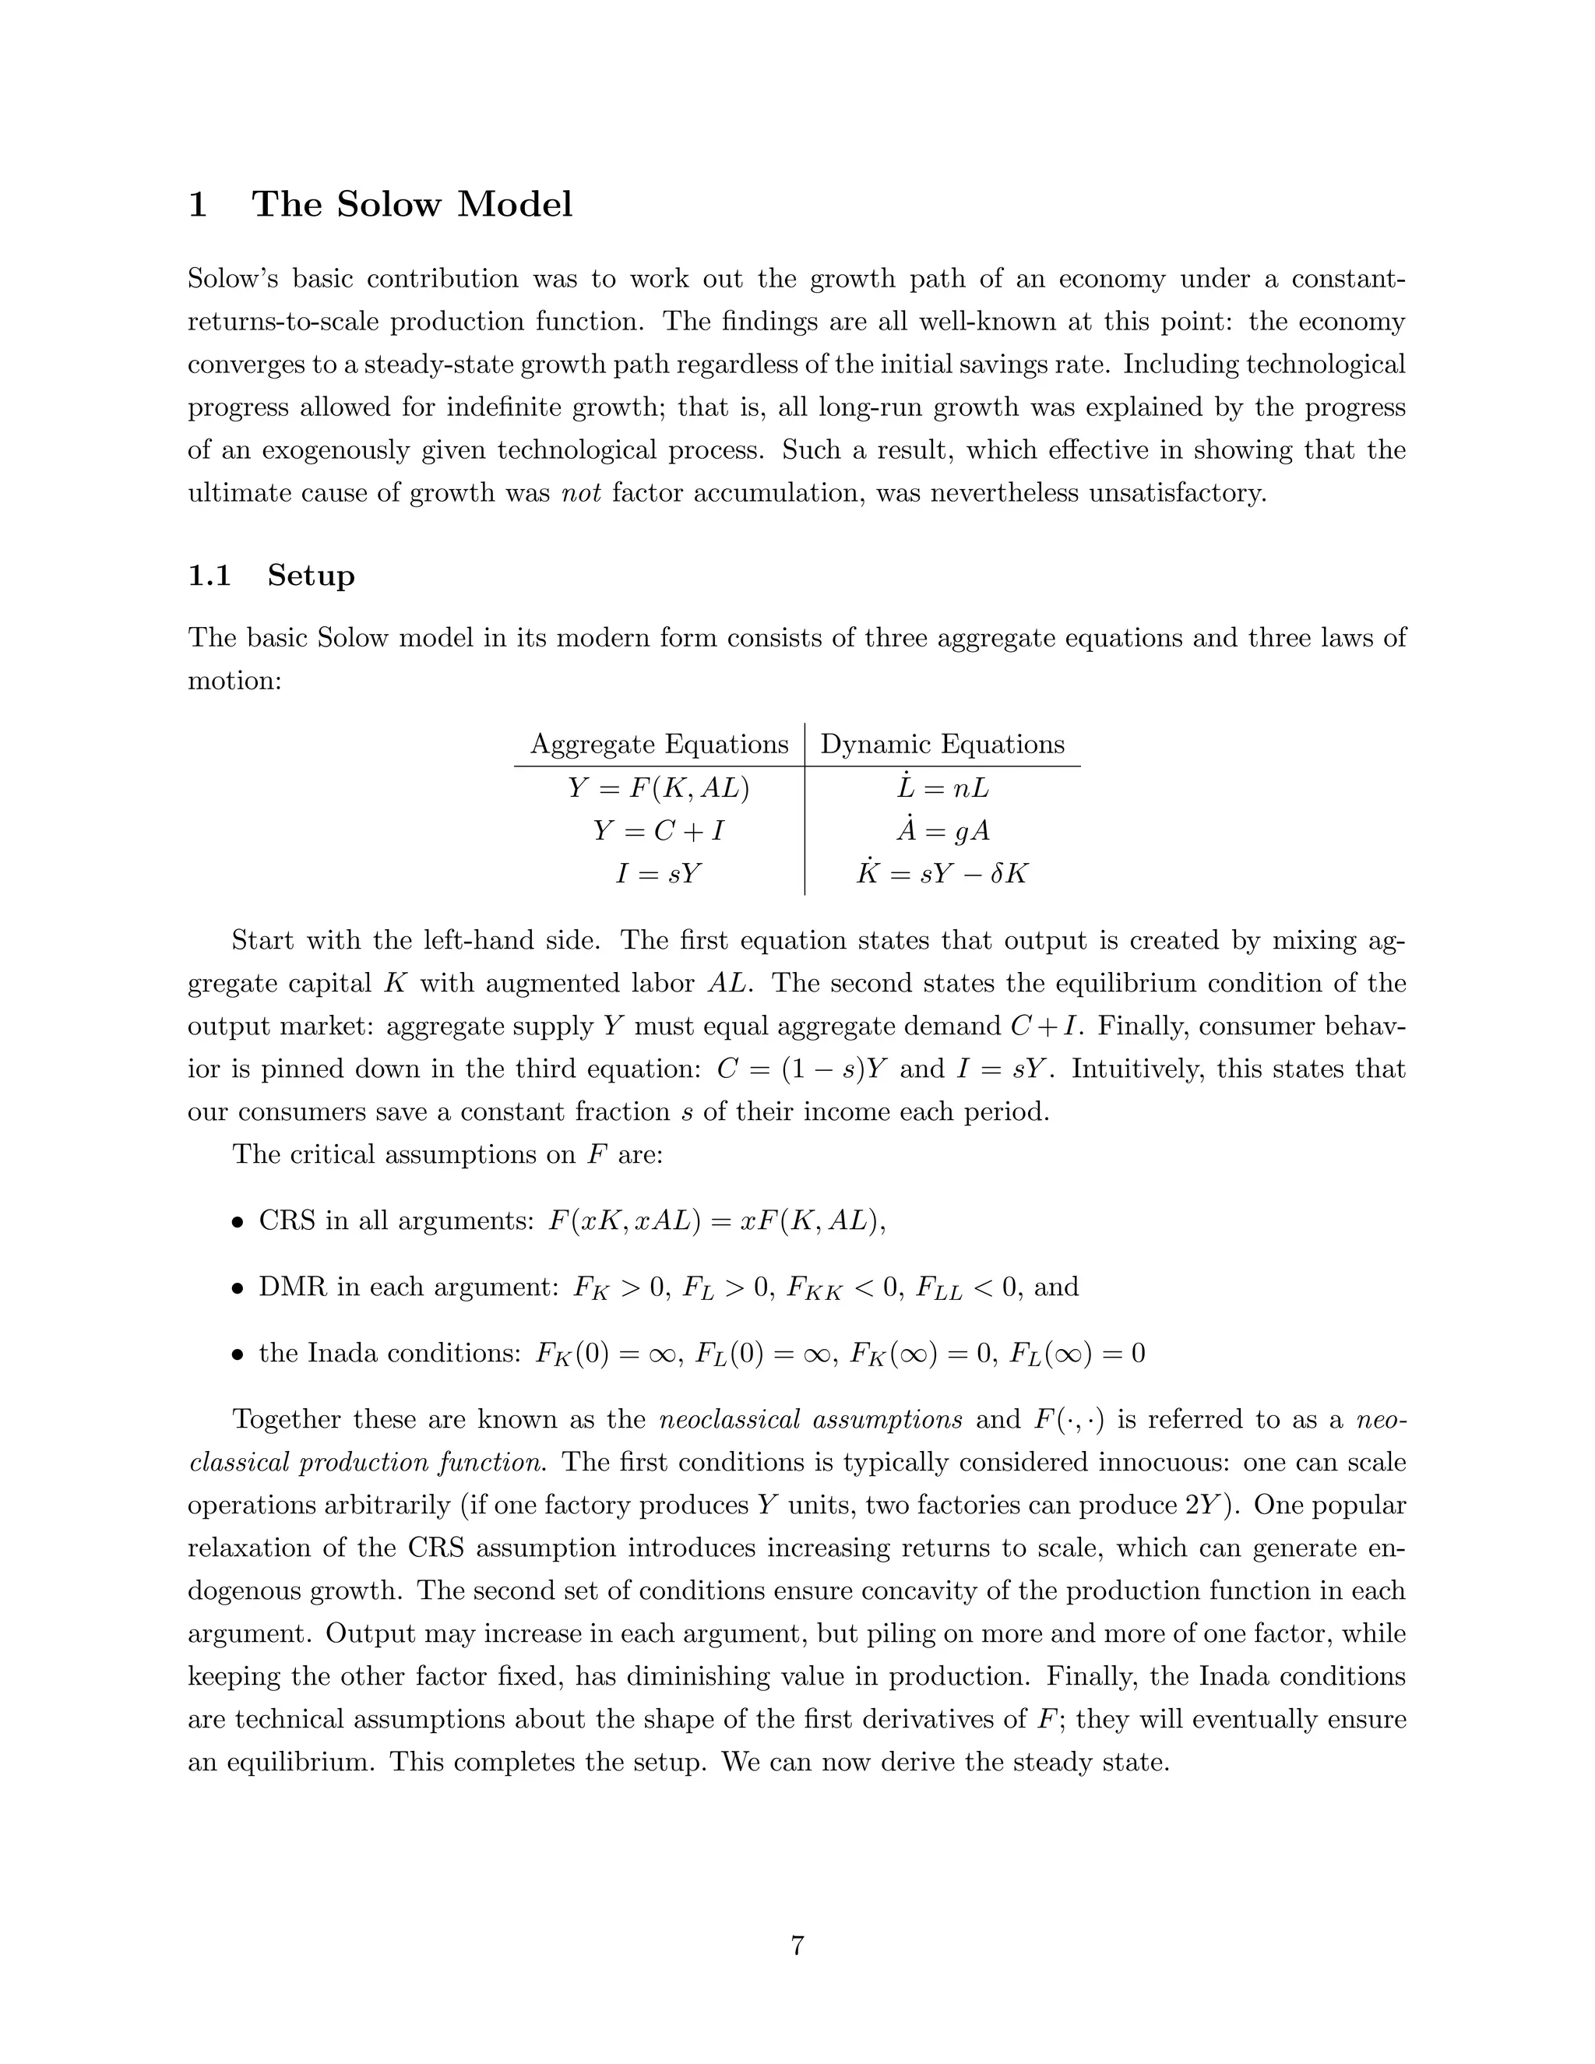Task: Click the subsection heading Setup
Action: (x=311, y=575)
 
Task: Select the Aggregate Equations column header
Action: (x=659, y=744)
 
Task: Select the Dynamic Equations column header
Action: (x=942, y=744)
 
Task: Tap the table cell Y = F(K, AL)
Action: (x=659, y=787)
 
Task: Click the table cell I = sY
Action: (x=659, y=872)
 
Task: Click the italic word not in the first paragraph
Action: (x=581, y=492)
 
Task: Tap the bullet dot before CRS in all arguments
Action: (x=238, y=1222)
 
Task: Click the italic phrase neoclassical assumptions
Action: (x=810, y=1419)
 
